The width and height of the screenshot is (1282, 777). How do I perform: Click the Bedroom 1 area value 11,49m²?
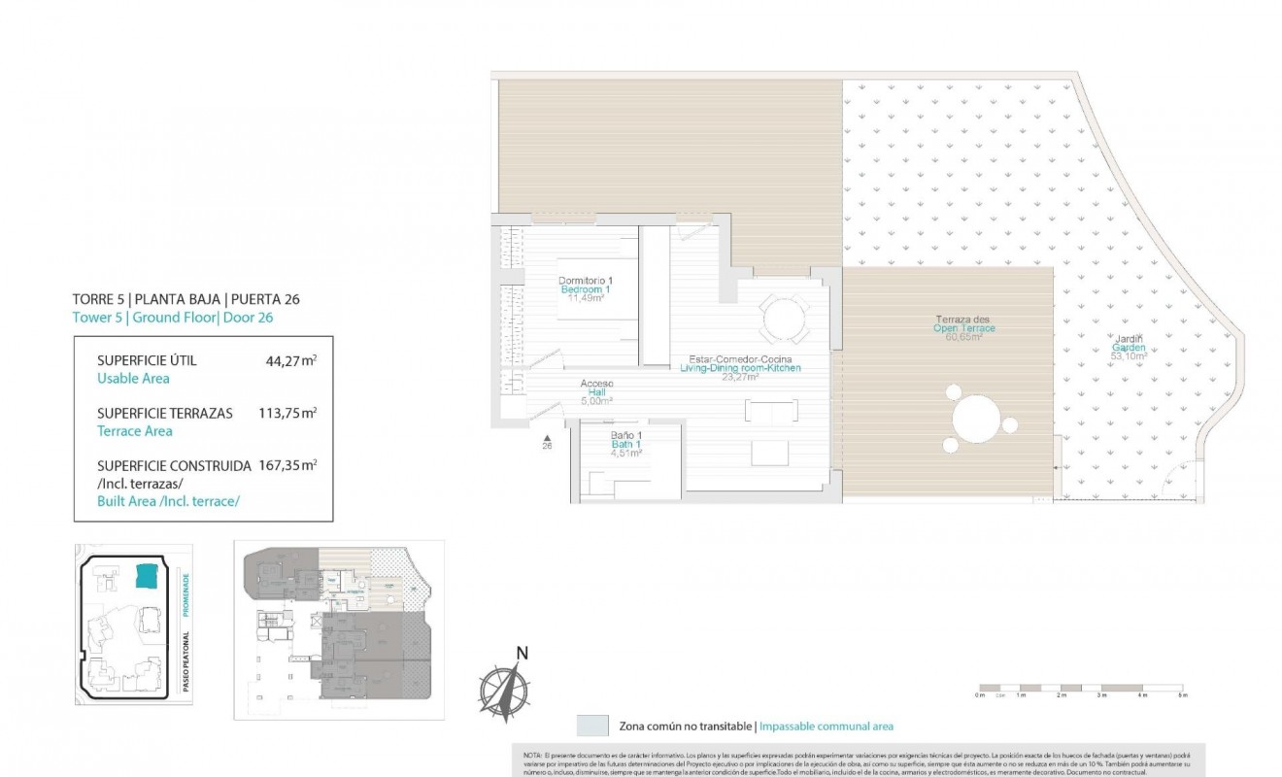tap(585, 298)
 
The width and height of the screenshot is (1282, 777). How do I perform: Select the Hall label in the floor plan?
tap(597, 391)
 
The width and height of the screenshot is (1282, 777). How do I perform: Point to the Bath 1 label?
tap(626, 444)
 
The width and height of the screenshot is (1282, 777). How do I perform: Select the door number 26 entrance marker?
tap(546, 442)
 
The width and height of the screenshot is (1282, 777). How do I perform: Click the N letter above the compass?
tap(522, 653)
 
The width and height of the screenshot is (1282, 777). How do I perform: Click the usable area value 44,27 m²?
tap(290, 360)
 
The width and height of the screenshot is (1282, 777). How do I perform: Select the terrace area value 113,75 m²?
tap(287, 413)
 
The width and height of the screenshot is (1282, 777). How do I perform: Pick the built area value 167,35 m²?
tap(287, 465)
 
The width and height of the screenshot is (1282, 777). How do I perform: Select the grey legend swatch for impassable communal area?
tap(591, 726)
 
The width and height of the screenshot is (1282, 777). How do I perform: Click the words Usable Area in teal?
tap(133, 379)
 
